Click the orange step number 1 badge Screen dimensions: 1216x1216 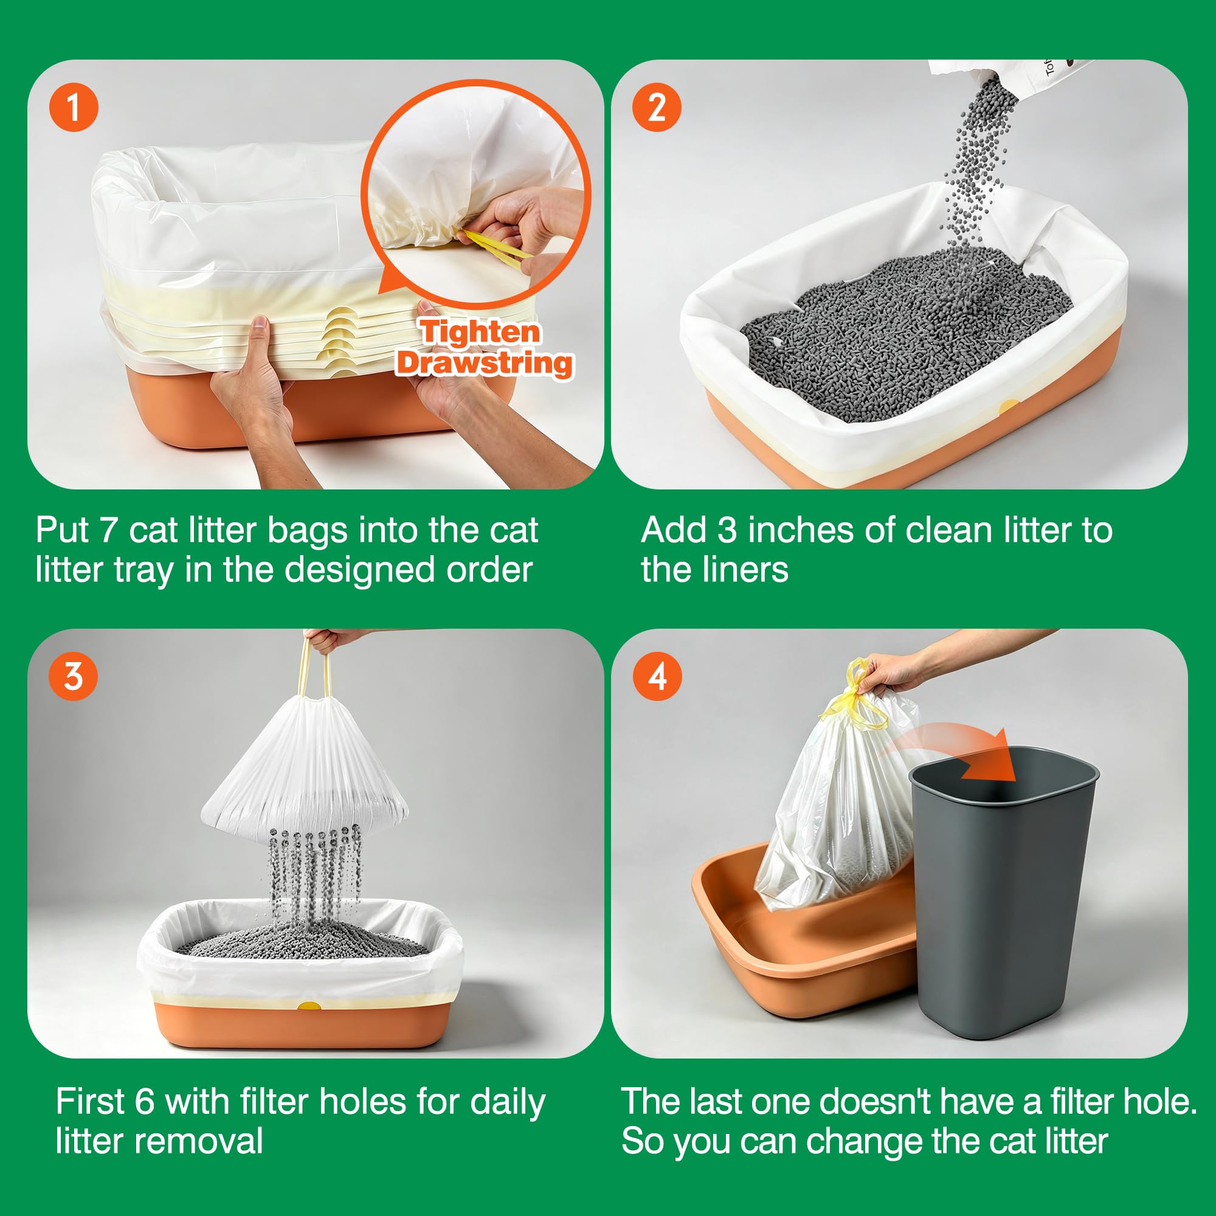pos(74,108)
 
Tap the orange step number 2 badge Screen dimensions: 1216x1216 pos(657,108)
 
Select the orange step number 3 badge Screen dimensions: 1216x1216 pos(74,677)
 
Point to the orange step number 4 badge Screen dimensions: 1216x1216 pos(657,677)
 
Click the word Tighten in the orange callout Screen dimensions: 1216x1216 pos(480,333)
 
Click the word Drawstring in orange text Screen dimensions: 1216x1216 pos(485,364)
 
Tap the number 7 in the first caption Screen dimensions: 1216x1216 pos(108,530)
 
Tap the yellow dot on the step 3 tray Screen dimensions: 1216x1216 pos(309,1006)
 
